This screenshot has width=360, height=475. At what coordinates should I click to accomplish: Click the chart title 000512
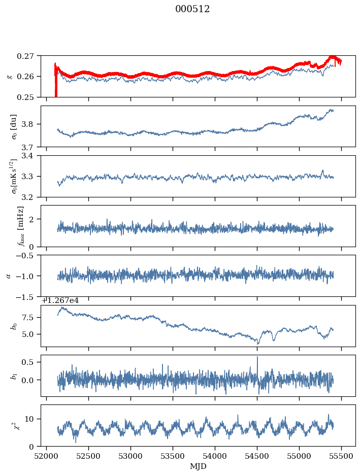[192, 9]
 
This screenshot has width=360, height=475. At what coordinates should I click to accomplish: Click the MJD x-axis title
[198, 466]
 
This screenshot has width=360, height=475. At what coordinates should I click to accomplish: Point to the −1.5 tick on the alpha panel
[28, 296]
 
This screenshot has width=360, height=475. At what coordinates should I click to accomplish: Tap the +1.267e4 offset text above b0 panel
[60, 300]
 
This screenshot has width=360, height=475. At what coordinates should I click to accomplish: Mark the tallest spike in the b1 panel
[257, 357]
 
